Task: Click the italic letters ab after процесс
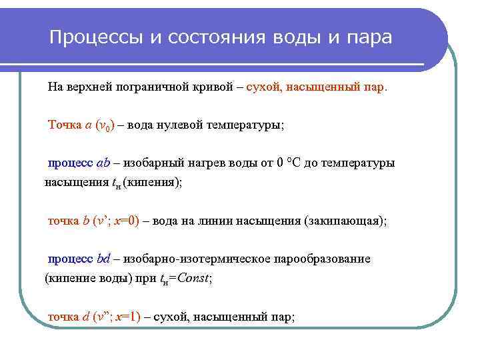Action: (103, 163)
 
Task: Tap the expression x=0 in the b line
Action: (127, 221)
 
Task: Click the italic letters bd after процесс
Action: (104, 259)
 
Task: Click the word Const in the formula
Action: (193, 278)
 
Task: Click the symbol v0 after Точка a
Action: (105, 125)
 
